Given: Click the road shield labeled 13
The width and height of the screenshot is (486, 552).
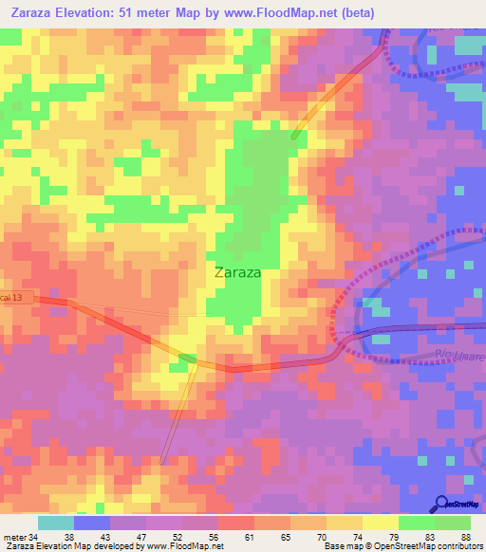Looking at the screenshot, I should click(16, 299).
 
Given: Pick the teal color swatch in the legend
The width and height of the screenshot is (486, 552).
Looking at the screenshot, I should click(56, 523).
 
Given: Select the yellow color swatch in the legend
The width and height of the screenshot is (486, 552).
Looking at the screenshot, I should click(381, 523).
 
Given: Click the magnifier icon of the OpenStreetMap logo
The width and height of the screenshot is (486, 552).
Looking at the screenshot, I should click(440, 504).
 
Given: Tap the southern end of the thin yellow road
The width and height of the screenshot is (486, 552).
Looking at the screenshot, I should click(162, 462).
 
